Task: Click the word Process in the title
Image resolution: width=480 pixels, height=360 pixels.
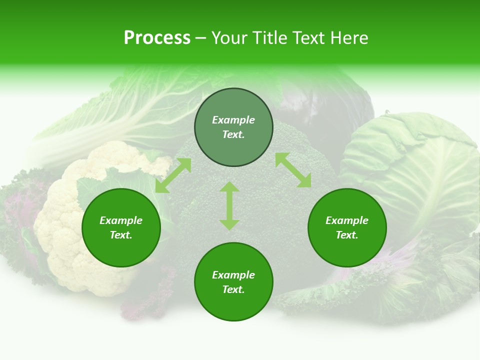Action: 157,38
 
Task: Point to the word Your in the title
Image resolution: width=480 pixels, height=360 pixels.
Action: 229,38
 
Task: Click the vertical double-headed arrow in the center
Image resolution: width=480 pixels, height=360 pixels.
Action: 229,205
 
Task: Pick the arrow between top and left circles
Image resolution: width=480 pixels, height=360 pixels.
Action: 173,175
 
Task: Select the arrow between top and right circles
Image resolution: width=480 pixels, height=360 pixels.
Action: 293,170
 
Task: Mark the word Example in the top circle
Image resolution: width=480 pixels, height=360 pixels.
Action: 233,120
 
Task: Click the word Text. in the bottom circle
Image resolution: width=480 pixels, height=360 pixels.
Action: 233,289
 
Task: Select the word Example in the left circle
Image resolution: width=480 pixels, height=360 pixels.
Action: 121,220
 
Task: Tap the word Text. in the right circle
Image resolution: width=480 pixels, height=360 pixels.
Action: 347,235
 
